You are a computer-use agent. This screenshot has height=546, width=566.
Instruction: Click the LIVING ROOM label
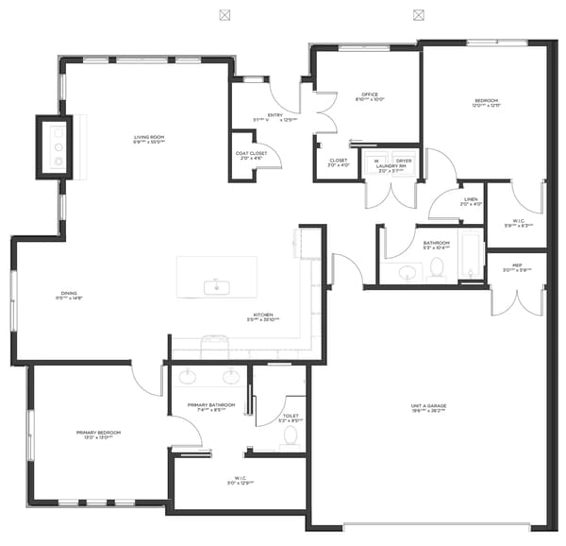pyautogui.click(x=149, y=138)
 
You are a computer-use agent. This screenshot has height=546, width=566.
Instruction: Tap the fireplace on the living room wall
pyautogui.click(x=55, y=147)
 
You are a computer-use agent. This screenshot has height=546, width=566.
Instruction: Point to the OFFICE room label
pyautogui.click(x=370, y=94)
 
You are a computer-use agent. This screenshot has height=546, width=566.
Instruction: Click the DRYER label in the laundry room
pyautogui.click(x=404, y=161)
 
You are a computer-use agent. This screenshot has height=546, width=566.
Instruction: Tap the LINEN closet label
pyautogui.click(x=471, y=199)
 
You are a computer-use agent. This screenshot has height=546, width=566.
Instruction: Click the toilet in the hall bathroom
pyautogui.click(x=438, y=269)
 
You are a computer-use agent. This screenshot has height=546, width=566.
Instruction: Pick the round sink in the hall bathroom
pyautogui.click(x=407, y=273)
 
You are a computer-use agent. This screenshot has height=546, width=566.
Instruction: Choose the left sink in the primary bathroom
pyautogui.click(x=189, y=376)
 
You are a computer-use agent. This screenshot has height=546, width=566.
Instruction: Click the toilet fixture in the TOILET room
pyautogui.click(x=291, y=435)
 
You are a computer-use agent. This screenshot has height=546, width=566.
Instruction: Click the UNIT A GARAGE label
pyautogui.click(x=427, y=406)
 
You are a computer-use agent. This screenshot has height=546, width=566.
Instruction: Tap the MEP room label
pyautogui.click(x=517, y=265)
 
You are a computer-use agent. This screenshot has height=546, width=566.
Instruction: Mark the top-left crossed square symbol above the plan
pyautogui.click(x=224, y=14)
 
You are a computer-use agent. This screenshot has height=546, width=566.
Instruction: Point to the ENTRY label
pyautogui.click(x=275, y=115)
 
